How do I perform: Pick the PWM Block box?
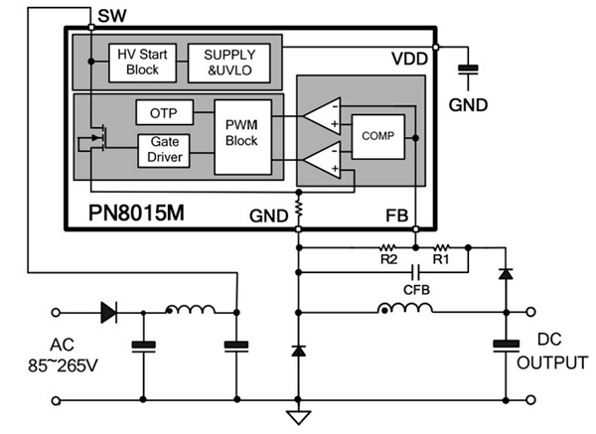240,134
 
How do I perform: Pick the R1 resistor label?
441,259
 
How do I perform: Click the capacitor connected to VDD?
466,69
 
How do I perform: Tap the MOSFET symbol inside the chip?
95,140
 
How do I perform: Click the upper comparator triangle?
324,114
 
